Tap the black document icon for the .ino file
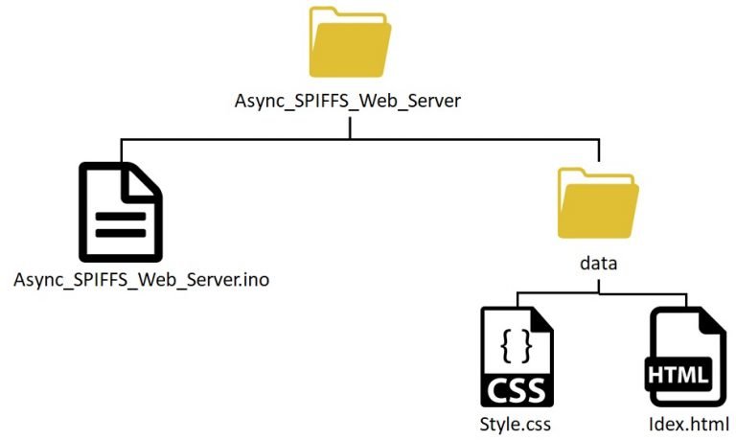click(121, 212)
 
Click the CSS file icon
click(517, 357)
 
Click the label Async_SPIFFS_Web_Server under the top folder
click(348, 101)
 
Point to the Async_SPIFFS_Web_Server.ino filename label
click(141, 280)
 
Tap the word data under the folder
click(598, 263)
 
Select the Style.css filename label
click(515, 424)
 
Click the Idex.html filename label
click(689, 424)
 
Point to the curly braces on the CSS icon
click(517, 346)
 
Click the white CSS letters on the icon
click(517, 390)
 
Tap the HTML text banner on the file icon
click(678, 375)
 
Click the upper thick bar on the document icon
click(121, 217)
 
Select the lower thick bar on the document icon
click(121, 233)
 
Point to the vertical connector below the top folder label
click(350, 127)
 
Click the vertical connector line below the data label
click(598, 287)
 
